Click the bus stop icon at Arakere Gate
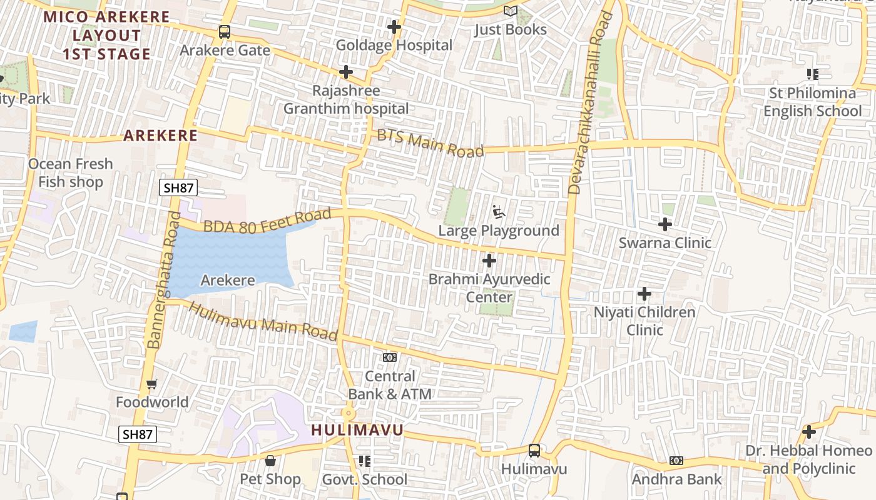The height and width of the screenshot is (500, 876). tap(224, 31)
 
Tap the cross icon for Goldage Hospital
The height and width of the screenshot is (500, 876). tap(394, 27)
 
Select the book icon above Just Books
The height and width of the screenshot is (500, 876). tap(511, 11)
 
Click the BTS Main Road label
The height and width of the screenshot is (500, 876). tap(430, 143)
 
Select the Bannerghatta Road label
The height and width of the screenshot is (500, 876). tap(162, 279)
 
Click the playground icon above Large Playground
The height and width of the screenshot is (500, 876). tap(499, 212)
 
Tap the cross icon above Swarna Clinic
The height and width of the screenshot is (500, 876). tap(665, 224)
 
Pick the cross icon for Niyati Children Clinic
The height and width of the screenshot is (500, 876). tap(644, 293)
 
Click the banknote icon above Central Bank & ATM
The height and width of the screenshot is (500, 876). tap(390, 357)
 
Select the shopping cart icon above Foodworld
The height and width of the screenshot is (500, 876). tap(151, 384)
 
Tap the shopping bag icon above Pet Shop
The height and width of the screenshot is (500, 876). tap(270, 461)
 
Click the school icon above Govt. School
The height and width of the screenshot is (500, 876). tap(364, 461)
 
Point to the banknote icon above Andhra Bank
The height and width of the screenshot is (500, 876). tap(676, 461)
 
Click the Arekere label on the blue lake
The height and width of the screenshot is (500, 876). tap(228, 281)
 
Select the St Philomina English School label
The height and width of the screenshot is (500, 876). tap(812, 102)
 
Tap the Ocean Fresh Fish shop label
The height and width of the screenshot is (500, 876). tap(71, 172)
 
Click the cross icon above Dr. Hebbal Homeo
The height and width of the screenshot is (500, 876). tap(808, 432)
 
